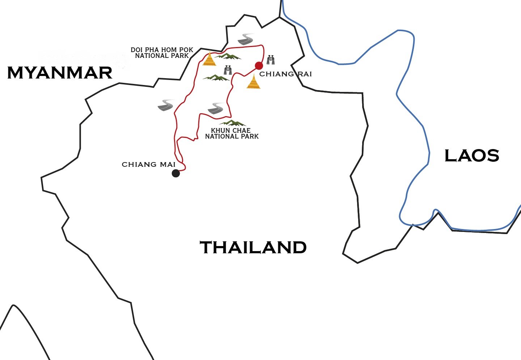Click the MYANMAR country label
tap(60, 73)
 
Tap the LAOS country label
tap(471, 156)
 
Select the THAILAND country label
tap(253, 248)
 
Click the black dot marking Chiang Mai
tap(176, 173)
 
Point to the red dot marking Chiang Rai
tap(259, 65)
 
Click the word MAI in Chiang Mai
tap(168, 165)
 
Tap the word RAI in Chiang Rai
tap(305, 74)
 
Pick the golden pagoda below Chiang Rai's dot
tap(253, 82)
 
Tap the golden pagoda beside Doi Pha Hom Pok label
tap(209, 59)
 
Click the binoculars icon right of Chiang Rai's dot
tap(271, 60)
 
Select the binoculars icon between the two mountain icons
tap(228, 70)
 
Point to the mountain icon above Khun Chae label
tap(232, 123)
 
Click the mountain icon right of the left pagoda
tap(228, 56)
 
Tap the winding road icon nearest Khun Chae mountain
tap(216, 108)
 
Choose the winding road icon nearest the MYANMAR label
tap(166, 105)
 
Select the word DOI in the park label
tap(136, 50)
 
